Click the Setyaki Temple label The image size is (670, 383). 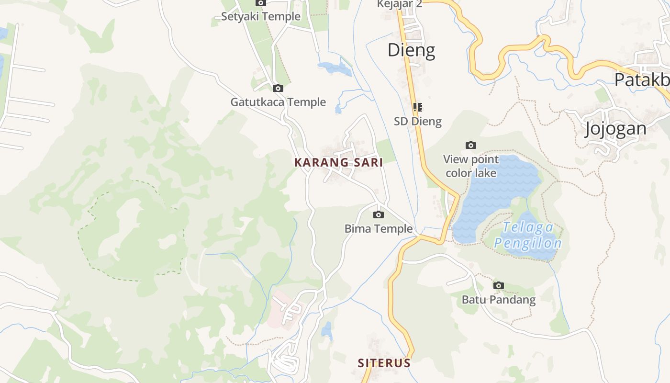[x=261, y=16]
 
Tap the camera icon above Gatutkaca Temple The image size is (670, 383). [x=278, y=88]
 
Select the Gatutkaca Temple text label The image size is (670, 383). [x=278, y=102]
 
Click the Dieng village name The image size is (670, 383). [x=411, y=50]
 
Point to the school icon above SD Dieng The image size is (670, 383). [x=418, y=107]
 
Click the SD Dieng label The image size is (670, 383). [x=418, y=121]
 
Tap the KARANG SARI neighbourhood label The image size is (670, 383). [x=338, y=162]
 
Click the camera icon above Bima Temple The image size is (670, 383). [x=379, y=214]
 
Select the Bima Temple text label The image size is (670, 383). [x=379, y=229]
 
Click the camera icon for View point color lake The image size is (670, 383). [x=471, y=145]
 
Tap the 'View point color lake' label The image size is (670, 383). [x=471, y=166]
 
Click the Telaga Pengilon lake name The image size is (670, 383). [x=527, y=235]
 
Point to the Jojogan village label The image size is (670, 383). [x=615, y=129]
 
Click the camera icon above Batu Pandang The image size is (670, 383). [x=499, y=286]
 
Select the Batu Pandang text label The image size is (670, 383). [x=499, y=300]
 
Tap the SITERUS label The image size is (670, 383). [x=384, y=363]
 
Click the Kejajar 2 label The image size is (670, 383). [x=400, y=4]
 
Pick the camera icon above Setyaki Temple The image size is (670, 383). [x=261, y=3]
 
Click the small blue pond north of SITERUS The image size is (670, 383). [x=327, y=330]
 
